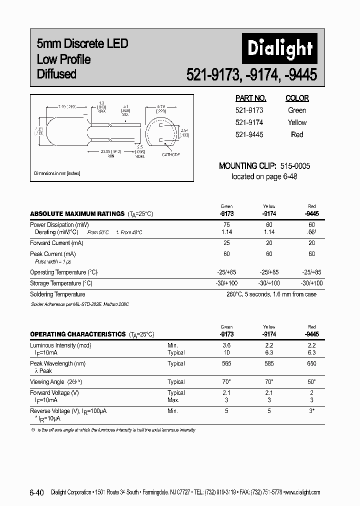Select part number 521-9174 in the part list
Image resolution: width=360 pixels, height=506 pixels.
249,122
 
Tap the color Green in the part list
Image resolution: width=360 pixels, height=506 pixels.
297,110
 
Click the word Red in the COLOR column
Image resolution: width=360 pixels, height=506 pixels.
297,134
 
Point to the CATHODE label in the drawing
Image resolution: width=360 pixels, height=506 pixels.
171,155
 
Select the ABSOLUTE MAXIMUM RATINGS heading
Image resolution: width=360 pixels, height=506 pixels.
77,213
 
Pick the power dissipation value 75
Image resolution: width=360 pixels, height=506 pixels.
226,225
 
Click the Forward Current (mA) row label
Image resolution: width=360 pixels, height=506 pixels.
56,243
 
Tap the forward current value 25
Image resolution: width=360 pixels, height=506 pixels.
226,243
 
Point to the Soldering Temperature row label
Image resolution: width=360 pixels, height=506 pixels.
57,294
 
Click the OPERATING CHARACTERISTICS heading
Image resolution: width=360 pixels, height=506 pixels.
77,334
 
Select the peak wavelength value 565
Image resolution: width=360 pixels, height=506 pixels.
226,363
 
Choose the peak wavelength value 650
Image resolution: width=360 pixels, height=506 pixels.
311,363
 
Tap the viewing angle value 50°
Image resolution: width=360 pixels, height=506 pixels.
311,381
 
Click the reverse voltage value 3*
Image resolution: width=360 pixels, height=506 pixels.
311,410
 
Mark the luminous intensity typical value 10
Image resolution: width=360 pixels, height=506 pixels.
226,352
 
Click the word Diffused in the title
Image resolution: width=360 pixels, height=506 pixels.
56,74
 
